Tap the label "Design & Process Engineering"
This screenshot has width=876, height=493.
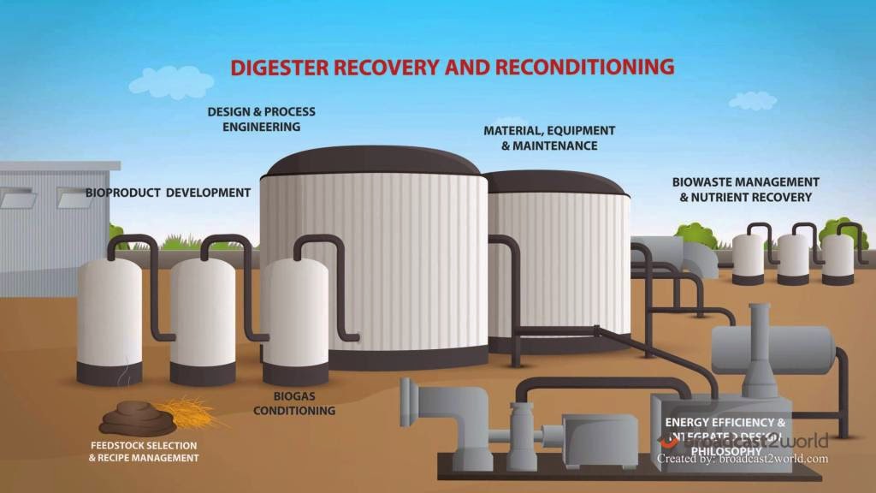tap(261, 119)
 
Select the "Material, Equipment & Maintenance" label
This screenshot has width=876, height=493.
tap(548, 138)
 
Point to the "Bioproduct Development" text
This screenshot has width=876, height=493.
tap(168, 193)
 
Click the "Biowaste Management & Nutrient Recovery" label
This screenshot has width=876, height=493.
tap(745, 189)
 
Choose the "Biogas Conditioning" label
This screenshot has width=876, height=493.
tap(299, 403)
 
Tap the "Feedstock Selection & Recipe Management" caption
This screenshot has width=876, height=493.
tap(144, 452)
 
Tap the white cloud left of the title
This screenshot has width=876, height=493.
tap(181, 83)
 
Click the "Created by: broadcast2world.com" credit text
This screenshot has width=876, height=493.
tap(742, 459)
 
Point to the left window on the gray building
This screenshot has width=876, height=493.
tap(16, 199)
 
